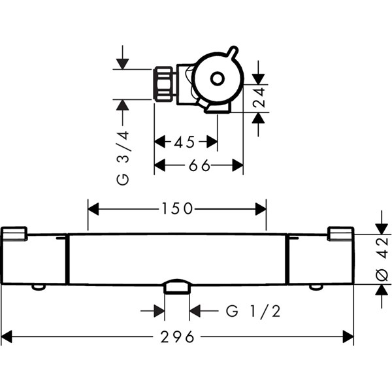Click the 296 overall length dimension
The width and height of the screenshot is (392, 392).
(177, 336)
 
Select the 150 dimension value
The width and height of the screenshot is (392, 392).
(177, 209)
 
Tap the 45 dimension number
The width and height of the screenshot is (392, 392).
(184, 142)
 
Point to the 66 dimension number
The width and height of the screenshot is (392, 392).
(199, 165)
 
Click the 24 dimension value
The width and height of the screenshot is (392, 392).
(259, 97)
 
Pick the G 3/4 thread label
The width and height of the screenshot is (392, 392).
(123, 158)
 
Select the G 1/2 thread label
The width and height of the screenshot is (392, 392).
(253, 311)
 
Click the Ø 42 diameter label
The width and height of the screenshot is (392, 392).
(382, 259)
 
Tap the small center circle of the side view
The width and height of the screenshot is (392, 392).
(218, 78)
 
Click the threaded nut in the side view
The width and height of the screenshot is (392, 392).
(164, 84)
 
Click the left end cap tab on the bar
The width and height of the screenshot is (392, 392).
(14, 234)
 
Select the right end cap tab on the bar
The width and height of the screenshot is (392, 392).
(341, 234)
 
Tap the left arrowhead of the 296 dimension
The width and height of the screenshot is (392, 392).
(7, 336)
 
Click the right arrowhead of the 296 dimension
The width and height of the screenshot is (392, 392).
(348, 336)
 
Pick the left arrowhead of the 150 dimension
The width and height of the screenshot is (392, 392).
(93, 209)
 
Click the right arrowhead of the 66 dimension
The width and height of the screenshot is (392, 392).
(238, 165)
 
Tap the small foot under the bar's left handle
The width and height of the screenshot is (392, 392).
(39, 287)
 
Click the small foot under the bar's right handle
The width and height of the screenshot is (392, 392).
(316, 287)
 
